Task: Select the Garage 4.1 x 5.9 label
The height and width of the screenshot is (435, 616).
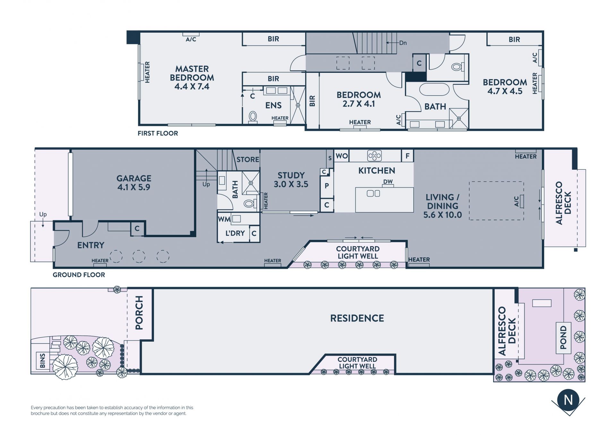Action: pyautogui.click(x=134, y=183)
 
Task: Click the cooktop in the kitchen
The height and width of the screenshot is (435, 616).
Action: pyautogui.click(x=374, y=156)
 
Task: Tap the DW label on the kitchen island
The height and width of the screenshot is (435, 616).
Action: pyautogui.click(x=388, y=182)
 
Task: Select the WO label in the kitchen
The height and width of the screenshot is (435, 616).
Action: pyautogui.click(x=342, y=156)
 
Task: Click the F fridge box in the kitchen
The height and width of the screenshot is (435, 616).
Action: pyautogui.click(x=407, y=156)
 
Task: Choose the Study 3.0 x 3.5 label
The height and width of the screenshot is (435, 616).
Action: pyautogui.click(x=291, y=180)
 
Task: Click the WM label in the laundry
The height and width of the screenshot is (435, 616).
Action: pyautogui.click(x=224, y=219)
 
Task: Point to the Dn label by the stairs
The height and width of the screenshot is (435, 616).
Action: pyautogui.click(x=403, y=43)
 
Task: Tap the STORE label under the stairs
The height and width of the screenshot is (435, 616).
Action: pyautogui.click(x=248, y=159)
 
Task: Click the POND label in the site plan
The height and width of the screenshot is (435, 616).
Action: pyautogui.click(x=563, y=337)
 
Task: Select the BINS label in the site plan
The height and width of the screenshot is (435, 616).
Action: pyautogui.click(x=42, y=361)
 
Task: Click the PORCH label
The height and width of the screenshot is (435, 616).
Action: pyautogui.click(x=139, y=313)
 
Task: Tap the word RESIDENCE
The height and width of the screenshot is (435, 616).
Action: pyautogui.click(x=357, y=318)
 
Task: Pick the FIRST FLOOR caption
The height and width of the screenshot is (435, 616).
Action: pyautogui.click(x=158, y=133)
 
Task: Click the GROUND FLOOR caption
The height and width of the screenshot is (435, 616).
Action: pyautogui.click(x=79, y=275)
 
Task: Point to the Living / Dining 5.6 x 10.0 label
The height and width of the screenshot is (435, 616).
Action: pyautogui.click(x=442, y=206)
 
